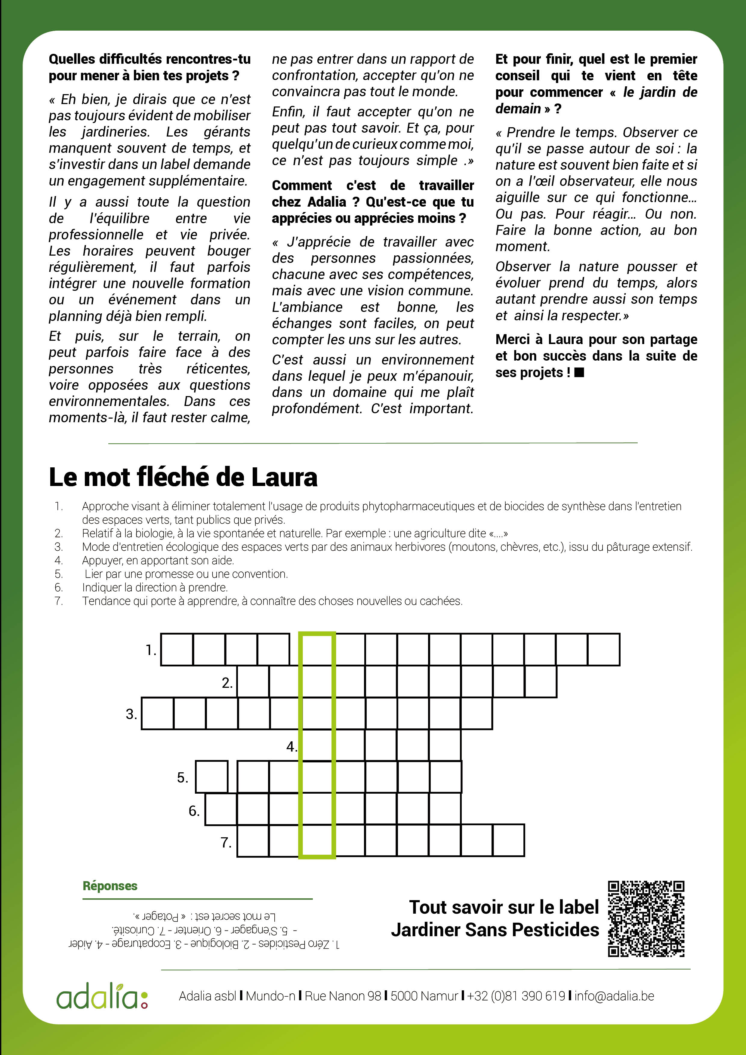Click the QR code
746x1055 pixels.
pos(646,918)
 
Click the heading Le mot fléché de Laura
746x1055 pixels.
pos(183,477)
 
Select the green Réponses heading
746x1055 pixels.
pos(110,886)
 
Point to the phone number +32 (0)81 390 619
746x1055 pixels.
pos(516,996)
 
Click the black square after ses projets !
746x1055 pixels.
pos(579,372)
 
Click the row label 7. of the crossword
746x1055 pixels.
pos(226,842)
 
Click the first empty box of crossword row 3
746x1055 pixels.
pos(158,714)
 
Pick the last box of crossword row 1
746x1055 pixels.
pos(603,650)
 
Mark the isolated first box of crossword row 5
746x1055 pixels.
pos(212,777)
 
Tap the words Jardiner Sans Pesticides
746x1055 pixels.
pos(495,930)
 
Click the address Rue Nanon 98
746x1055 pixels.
pos(343,996)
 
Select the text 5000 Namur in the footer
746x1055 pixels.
pos(424,996)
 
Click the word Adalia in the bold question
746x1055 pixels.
pos(327,202)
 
